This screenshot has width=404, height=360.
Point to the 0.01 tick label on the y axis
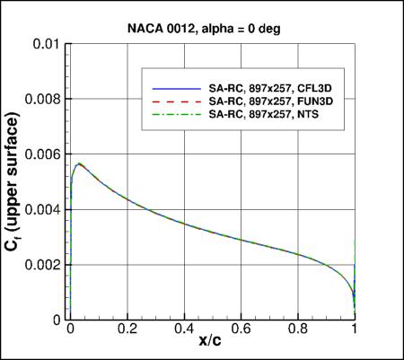pos(48,43)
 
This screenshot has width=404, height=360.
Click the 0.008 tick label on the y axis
pos(42,99)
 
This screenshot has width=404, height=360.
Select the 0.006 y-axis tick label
pos(42,154)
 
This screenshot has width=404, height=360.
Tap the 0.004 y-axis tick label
pos(42,210)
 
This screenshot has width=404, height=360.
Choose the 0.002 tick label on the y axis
pos(42,266)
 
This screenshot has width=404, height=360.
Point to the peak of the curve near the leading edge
pos(80,164)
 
